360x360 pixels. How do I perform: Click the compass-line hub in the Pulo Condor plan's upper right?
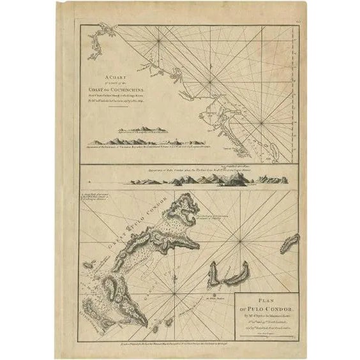tap(241, 240)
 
